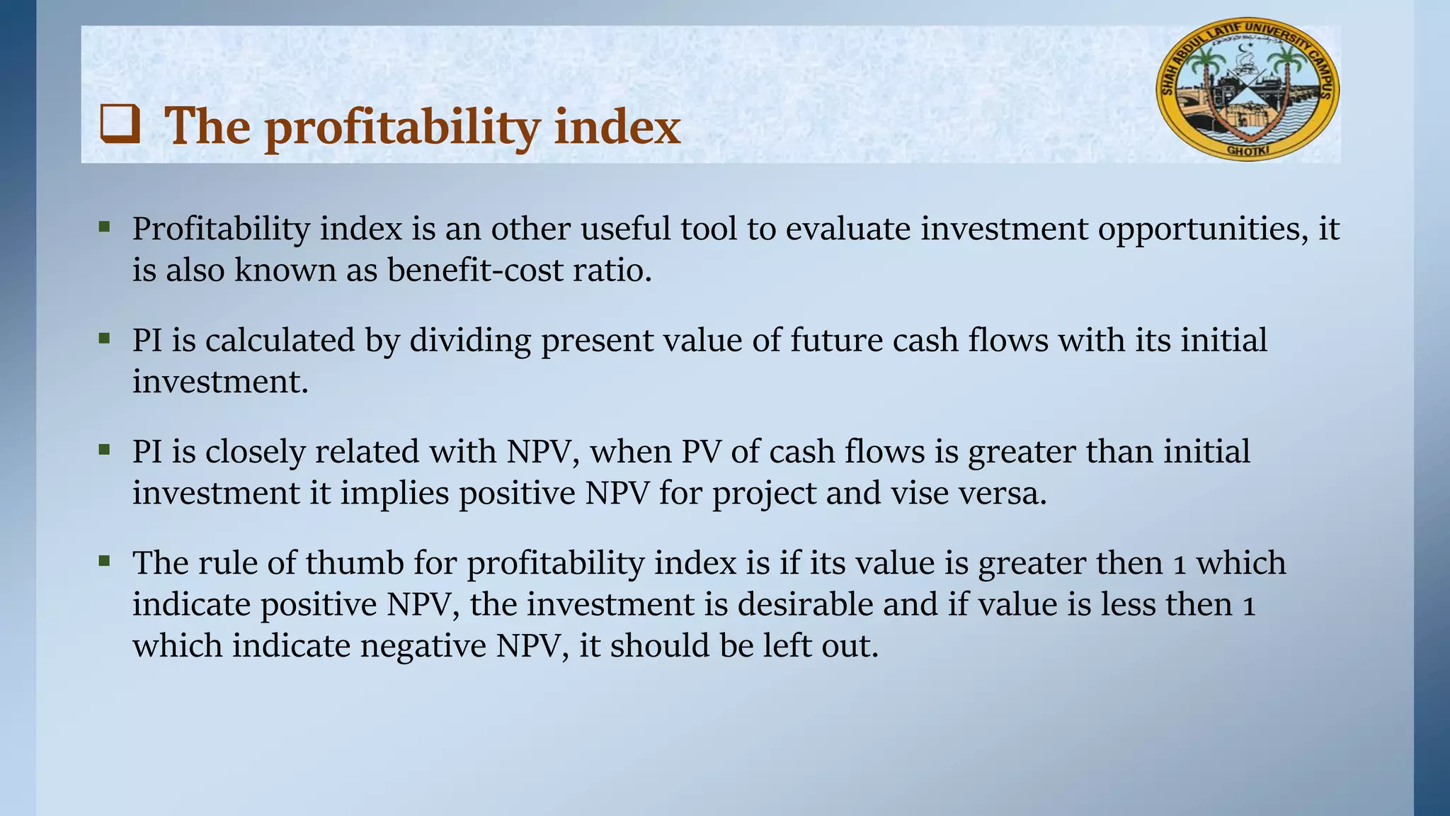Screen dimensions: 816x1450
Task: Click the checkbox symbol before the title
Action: click(x=120, y=124)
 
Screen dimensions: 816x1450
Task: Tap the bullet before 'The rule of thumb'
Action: click(x=105, y=561)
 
